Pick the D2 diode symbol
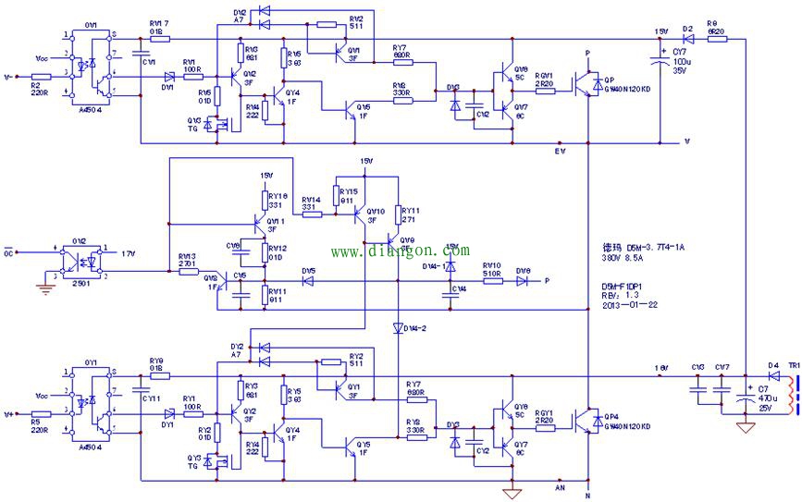point(687,39)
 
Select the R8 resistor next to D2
point(716,39)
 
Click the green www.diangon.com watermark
point(400,251)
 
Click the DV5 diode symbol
point(308,280)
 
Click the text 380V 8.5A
point(625,260)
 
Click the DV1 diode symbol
point(169,78)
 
